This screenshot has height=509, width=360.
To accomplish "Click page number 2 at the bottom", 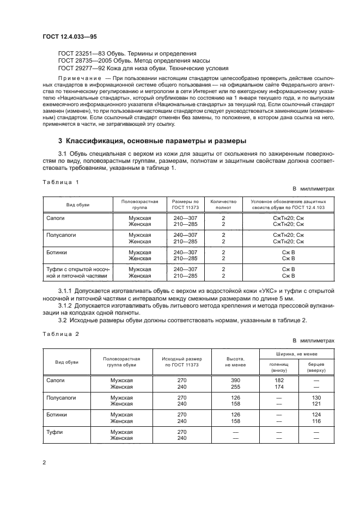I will pos(45,462).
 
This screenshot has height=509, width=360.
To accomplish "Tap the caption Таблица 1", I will pos(61,182).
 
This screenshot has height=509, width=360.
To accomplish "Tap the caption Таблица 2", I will pos(61,334).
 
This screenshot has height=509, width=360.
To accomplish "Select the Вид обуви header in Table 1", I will pos(78,204).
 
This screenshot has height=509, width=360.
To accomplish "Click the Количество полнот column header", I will pos(223,204).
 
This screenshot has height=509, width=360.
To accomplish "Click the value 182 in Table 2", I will pos(279,380).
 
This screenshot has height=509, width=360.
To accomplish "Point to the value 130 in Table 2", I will pos(316,397).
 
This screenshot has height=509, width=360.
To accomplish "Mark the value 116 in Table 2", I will pos(316,421).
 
